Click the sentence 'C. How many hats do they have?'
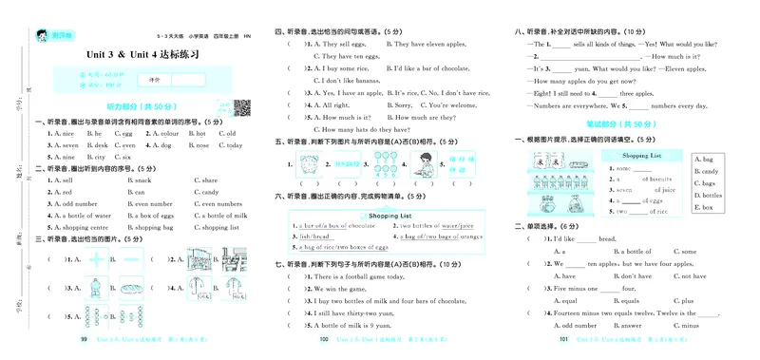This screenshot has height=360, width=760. tap(367, 128)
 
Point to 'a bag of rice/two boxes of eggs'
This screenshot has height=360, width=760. tap(348, 247)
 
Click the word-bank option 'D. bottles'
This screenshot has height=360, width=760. tap(709, 195)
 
